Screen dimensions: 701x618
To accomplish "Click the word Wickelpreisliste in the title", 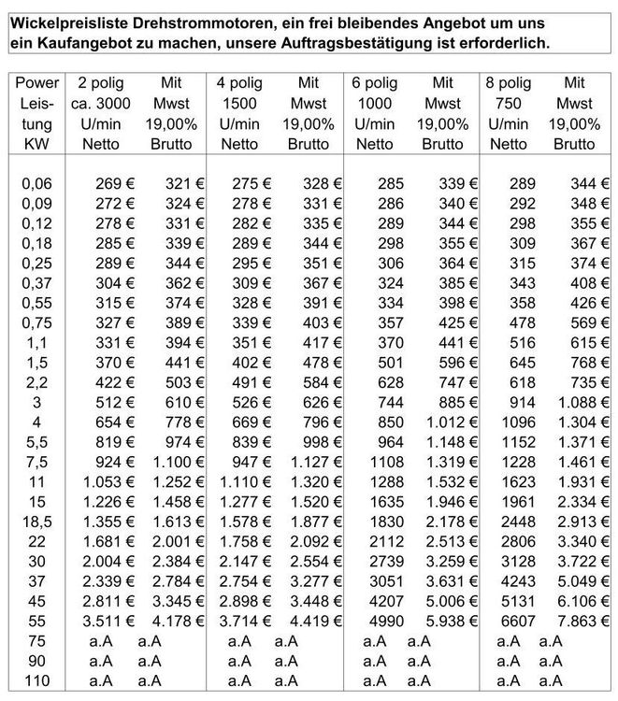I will point(65,20).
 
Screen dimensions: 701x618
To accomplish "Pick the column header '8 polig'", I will point(509,82).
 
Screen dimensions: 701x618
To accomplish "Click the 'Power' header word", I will point(37,82).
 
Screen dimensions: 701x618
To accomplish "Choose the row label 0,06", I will point(37,183).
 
